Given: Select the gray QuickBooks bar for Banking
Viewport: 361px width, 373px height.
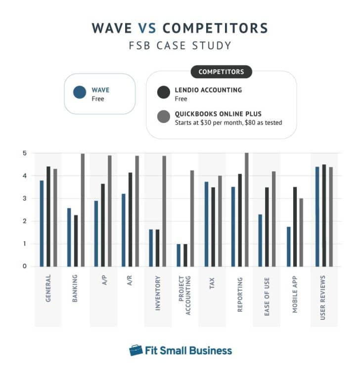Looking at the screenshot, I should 83,210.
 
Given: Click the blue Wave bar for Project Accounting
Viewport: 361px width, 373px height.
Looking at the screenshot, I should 179,255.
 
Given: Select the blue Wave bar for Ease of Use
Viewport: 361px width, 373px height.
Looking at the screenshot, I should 260,240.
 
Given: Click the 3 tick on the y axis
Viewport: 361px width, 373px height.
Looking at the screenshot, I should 24,198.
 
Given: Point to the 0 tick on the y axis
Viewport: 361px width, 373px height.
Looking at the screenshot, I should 24,266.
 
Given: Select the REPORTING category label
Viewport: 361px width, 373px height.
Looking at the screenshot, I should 240,295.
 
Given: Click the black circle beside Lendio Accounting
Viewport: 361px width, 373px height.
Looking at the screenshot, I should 163,92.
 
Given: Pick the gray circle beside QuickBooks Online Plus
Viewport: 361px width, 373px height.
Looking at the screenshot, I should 163,117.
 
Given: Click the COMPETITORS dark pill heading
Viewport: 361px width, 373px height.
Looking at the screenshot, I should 221,72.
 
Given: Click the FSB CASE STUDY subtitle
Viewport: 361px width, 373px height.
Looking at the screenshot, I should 180,46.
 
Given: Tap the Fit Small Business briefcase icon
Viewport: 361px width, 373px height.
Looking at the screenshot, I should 136,351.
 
